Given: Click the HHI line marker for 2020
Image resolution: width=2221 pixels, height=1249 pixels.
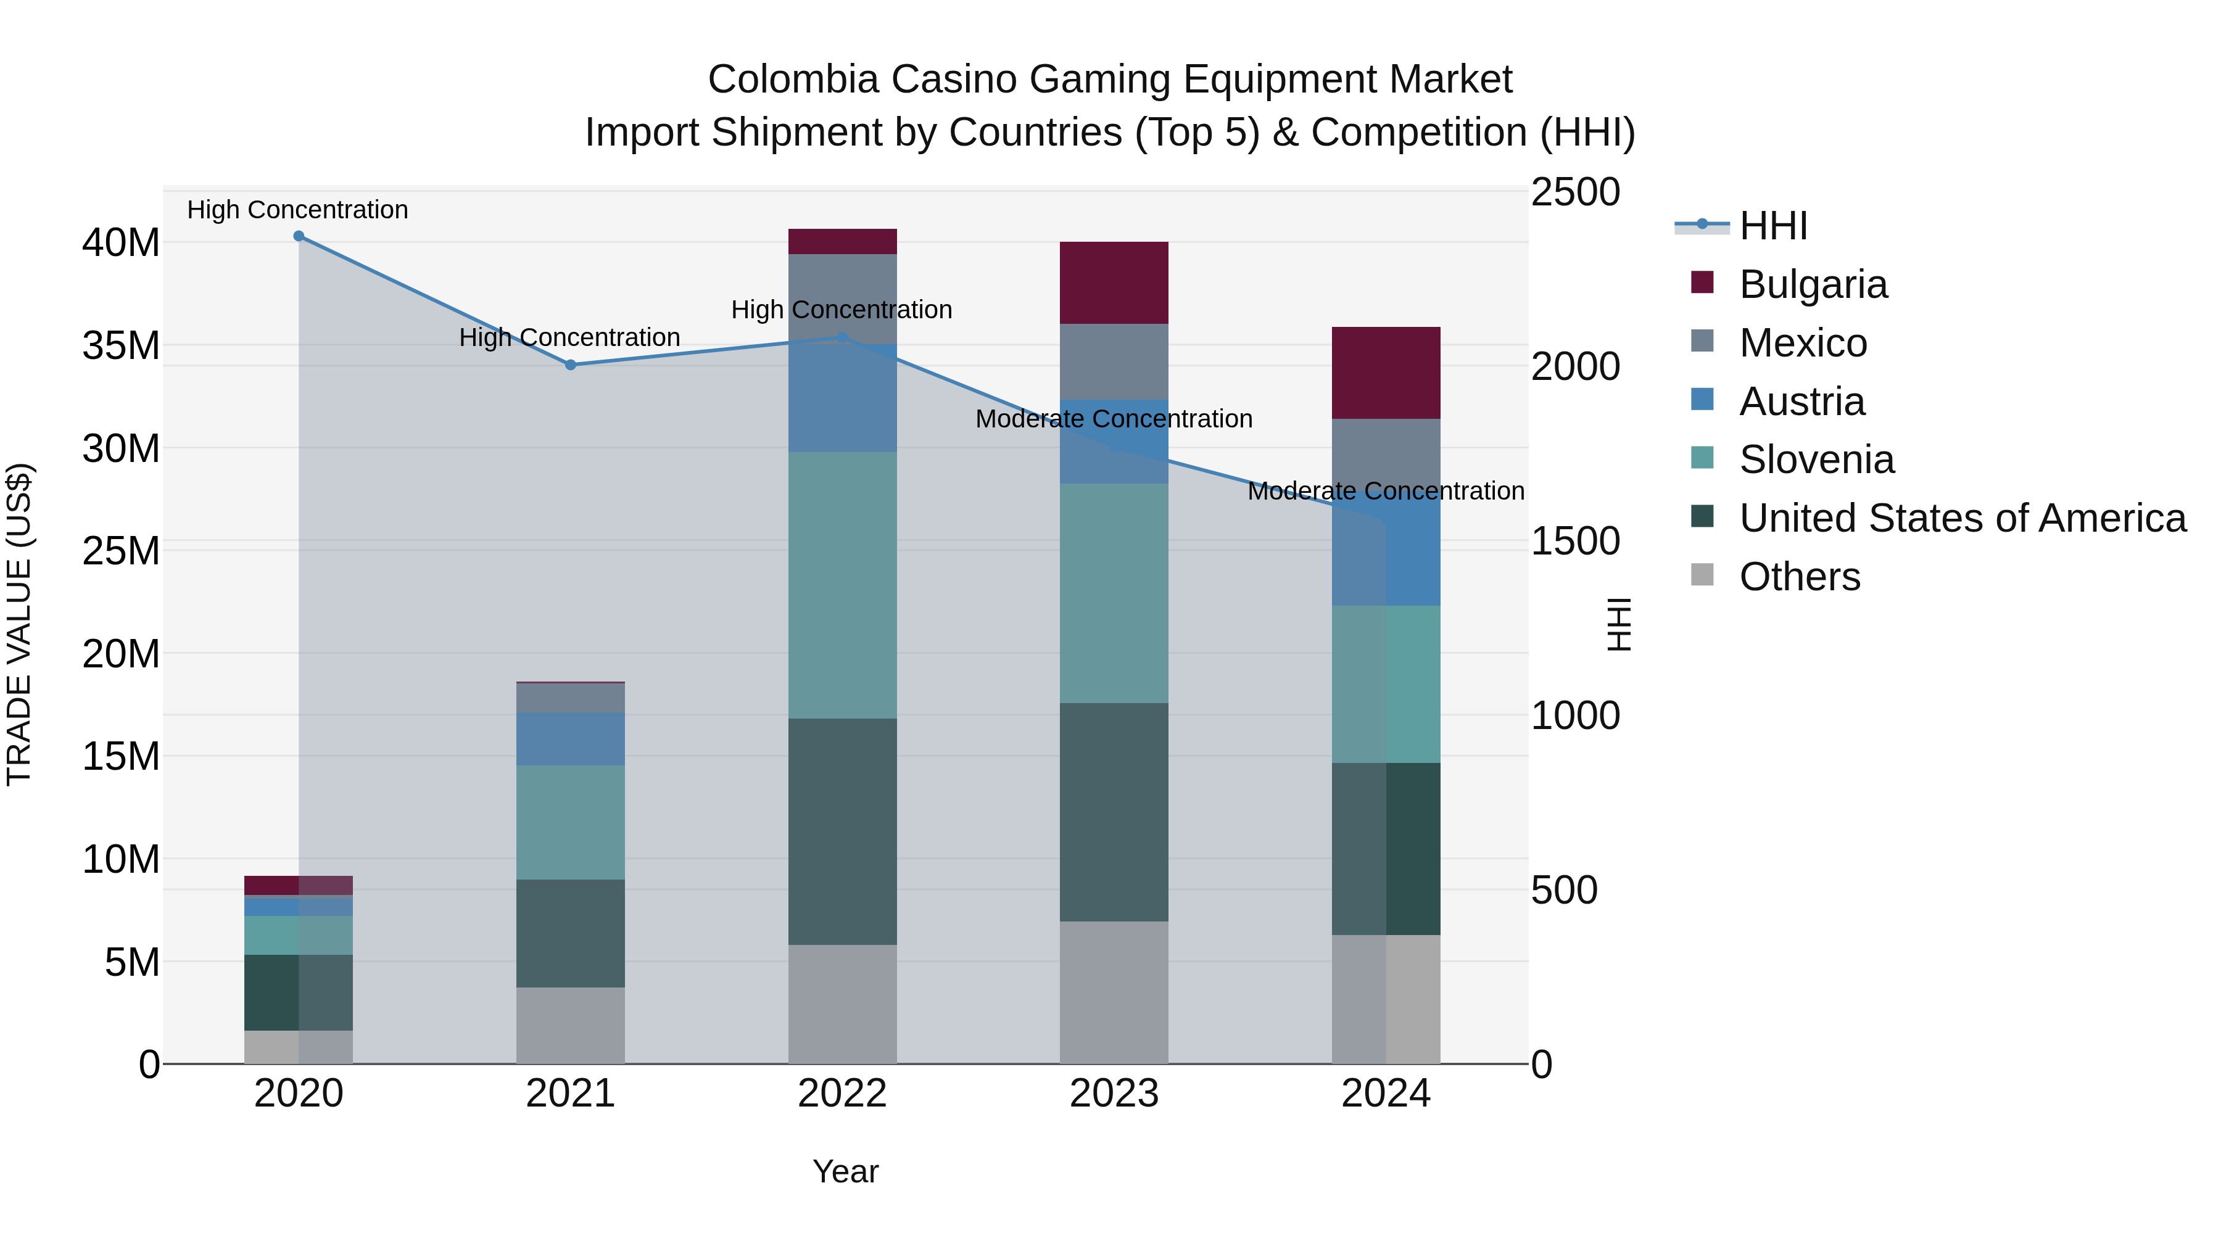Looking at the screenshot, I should tap(299, 236).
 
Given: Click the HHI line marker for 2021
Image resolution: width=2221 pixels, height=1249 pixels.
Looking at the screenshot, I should tap(570, 365).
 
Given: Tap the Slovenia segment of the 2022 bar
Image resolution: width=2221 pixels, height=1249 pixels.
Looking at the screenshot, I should tap(842, 585).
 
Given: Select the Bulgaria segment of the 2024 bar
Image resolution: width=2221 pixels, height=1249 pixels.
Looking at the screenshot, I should tap(1386, 373).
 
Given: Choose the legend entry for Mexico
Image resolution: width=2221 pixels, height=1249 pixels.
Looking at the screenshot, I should tap(1802, 343).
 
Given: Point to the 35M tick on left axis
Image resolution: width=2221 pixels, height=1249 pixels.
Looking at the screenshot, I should tap(121, 345).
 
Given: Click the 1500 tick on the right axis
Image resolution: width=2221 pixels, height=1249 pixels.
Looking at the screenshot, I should tap(1574, 542).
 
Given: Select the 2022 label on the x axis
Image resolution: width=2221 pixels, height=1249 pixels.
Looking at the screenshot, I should tap(842, 1094).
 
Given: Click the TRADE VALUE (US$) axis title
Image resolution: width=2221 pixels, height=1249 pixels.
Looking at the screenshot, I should tap(19, 624).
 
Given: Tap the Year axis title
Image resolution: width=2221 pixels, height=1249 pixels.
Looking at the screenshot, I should tap(845, 1171).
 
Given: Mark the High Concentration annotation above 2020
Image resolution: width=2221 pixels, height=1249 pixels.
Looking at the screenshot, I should tap(297, 210).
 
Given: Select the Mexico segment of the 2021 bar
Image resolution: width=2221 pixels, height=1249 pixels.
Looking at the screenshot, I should tap(570, 698).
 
